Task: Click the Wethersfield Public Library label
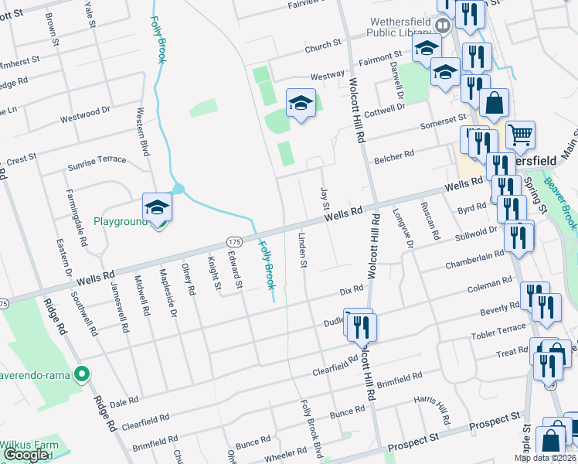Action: tap(391, 29)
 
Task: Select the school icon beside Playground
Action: tap(157, 207)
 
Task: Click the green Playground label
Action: tap(120, 222)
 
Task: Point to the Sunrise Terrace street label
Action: tap(97, 160)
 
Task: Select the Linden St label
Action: tap(302, 248)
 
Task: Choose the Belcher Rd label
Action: tap(394, 157)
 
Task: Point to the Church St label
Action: tap(322, 46)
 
